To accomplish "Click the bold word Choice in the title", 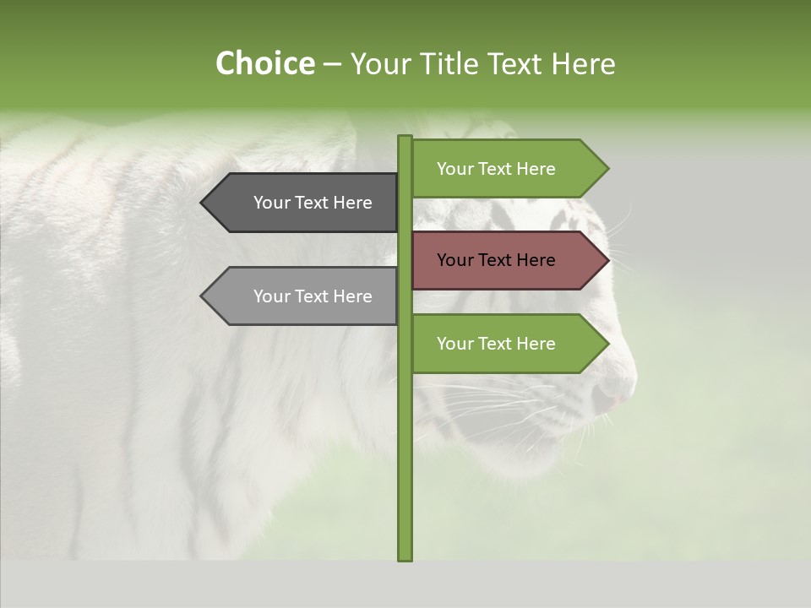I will [264, 64].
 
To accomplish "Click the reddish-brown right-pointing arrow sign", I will [507, 260].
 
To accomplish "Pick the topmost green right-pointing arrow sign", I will [507, 169].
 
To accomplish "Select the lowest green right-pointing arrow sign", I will [507, 344].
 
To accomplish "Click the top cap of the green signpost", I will [405, 138].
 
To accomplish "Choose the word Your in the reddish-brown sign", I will [454, 260].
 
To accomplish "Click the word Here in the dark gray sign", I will [353, 203].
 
